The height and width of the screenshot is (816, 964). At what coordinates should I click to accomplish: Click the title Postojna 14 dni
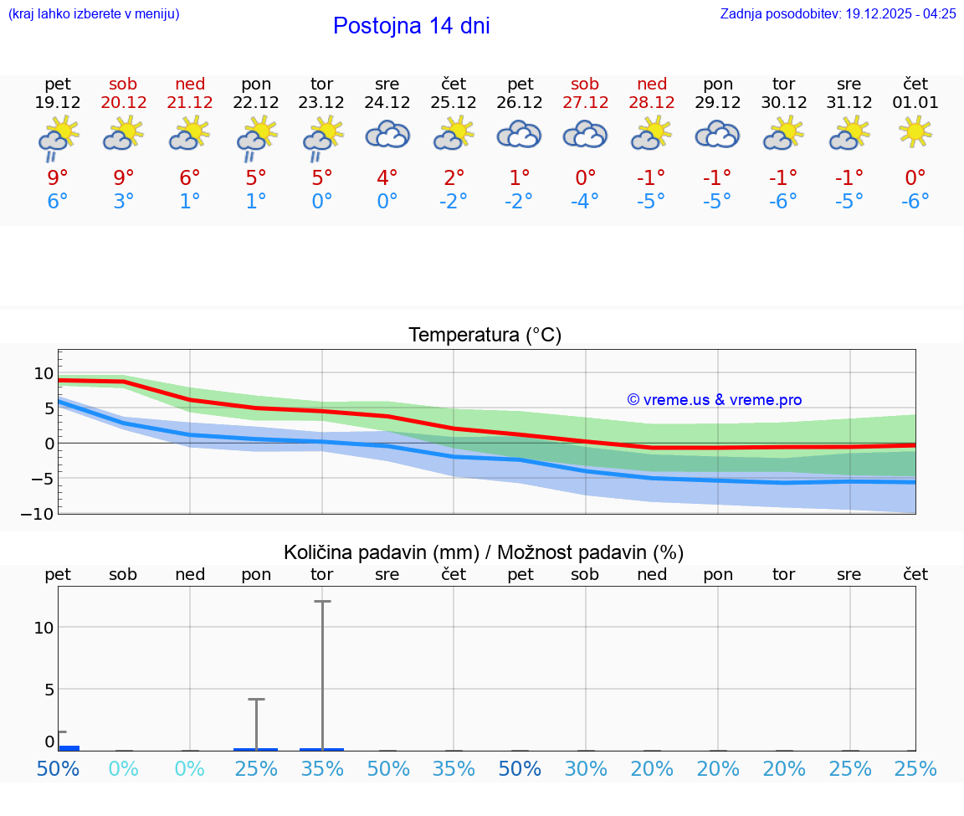(x=411, y=26)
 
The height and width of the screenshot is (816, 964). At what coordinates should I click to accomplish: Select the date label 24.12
(x=387, y=103)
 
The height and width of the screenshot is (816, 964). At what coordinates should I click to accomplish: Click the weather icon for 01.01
(x=915, y=132)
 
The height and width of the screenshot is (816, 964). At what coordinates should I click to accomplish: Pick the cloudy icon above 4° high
(x=387, y=134)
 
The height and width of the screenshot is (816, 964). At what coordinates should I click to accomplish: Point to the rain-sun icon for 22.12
(x=256, y=136)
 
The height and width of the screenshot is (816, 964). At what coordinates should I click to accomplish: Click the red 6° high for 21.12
(x=190, y=177)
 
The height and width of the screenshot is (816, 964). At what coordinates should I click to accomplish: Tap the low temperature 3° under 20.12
(x=124, y=202)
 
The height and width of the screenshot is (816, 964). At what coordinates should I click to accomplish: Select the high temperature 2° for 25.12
(x=454, y=177)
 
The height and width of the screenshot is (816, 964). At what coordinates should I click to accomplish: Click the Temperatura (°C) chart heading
(x=485, y=336)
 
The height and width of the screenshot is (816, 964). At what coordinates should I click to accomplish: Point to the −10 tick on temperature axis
(x=38, y=513)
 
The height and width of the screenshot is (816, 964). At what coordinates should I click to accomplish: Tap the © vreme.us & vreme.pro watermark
(x=714, y=400)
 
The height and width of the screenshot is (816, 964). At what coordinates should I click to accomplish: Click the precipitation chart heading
(x=484, y=552)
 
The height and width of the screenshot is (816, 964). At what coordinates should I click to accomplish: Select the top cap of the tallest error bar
(x=322, y=601)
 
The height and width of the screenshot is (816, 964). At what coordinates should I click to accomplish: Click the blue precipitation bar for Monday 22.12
(x=256, y=749)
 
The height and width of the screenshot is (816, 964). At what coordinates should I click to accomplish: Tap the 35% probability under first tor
(x=322, y=768)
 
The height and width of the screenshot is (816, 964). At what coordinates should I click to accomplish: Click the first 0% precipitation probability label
(x=124, y=768)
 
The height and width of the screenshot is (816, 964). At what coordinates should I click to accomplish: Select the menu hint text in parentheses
(x=94, y=13)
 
